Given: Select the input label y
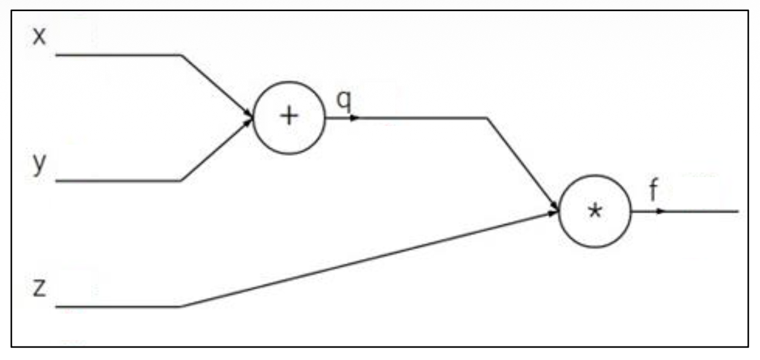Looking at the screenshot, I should (38, 165).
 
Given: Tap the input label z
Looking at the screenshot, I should (38, 290).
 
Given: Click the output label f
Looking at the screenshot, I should (654, 192).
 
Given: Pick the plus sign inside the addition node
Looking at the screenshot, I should (288, 116).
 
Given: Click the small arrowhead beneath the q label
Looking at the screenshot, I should (354, 118).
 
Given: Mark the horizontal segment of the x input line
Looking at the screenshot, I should (118, 55).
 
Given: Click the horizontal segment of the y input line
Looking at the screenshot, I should (118, 181).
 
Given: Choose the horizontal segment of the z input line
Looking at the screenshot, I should (118, 306).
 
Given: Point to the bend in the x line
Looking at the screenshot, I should (181, 55).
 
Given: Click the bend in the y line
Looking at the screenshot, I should (181, 181).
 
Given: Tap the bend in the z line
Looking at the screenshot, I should (181, 306).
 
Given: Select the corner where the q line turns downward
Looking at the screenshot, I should (486, 118).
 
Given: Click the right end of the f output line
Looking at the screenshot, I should (736, 211).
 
